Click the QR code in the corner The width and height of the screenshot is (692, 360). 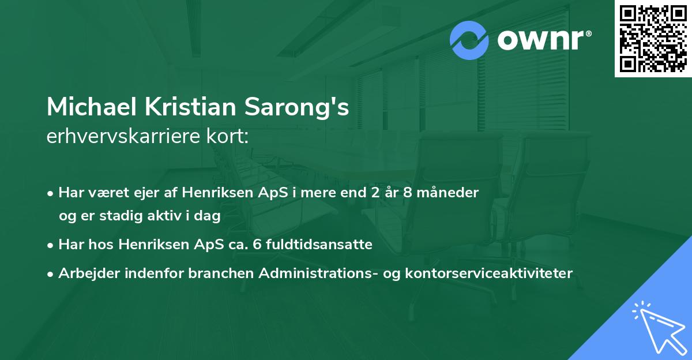coord(653,38)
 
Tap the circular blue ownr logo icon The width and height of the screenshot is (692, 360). coord(469,41)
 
